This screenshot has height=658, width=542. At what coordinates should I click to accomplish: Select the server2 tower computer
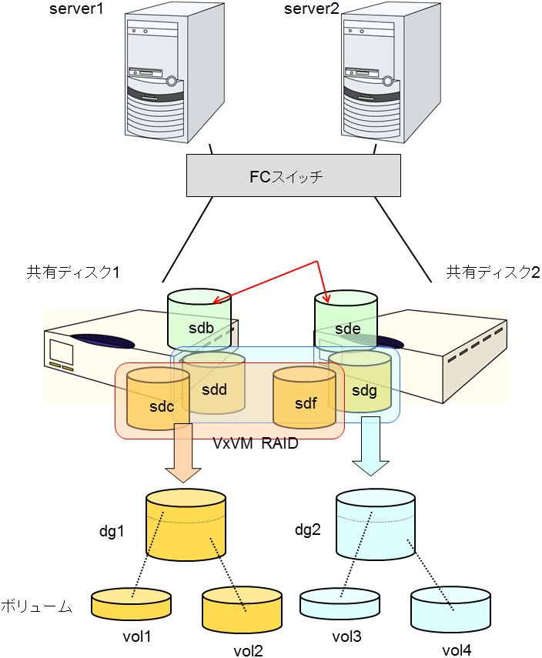(x=377, y=77)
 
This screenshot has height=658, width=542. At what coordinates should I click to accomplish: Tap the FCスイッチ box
(x=294, y=175)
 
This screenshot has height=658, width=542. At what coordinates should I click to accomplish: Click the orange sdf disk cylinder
(x=305, y=397)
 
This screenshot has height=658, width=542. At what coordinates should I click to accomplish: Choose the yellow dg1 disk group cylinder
(x=186, y=526)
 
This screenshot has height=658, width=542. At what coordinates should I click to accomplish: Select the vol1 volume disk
(x=131, y=604)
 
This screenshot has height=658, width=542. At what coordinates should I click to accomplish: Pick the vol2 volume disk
(x=241, y=612)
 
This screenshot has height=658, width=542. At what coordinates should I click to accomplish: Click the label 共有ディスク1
(x=73, y=272)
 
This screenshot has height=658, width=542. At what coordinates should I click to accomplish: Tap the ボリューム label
(x=36, y=606)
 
